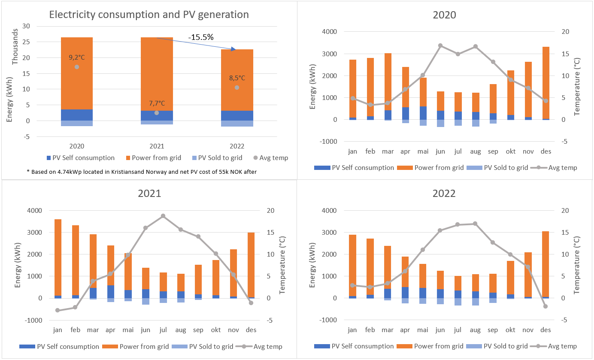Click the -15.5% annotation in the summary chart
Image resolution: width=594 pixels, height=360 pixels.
201,37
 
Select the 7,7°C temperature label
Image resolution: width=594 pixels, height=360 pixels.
156,103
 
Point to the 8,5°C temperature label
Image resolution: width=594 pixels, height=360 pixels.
236,78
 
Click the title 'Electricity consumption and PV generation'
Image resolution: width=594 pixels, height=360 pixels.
149,15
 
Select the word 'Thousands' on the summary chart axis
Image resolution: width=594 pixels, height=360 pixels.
15,47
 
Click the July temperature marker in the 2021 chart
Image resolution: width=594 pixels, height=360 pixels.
163,216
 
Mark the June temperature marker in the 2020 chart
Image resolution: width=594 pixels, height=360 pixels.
440,45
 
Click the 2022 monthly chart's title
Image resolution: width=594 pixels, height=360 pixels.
444,194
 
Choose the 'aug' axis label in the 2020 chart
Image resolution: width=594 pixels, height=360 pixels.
475,151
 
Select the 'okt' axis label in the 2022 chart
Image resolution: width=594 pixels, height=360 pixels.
510,330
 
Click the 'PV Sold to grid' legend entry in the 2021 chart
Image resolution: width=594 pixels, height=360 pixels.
202,346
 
